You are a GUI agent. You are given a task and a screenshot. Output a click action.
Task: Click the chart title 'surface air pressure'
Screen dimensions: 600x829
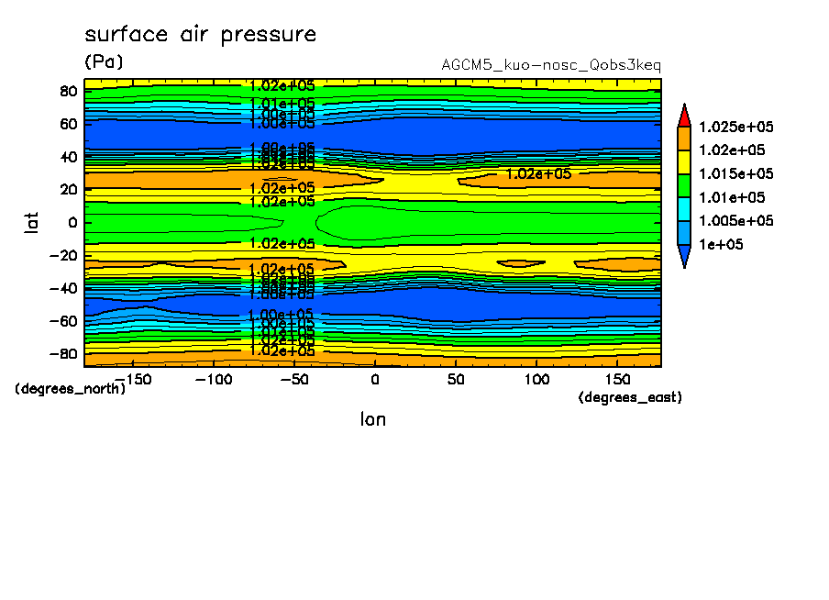pyautogui.click(x=200, y=35)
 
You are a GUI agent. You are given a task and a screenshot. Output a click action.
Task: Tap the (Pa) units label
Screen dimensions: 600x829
pyautogui.click(x=104, y=62)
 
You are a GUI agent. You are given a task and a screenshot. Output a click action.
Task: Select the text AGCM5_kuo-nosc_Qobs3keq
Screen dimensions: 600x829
pyautogui.click(x=550, y=65)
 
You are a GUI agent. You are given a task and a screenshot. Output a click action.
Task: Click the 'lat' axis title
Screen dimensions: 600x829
pyautogui.click(x=32, y=221)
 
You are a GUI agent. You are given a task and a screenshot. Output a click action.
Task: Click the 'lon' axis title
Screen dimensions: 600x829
pyautogui.click(x=372, y=419)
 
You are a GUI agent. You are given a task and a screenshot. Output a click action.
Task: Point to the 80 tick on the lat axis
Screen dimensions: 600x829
pyautogui.click(x=68, y=90)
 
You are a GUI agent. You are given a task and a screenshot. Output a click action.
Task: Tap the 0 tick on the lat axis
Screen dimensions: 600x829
pyautogui.click(x=72, y=222)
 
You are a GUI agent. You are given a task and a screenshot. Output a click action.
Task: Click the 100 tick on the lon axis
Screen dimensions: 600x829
pyautogui.click(x=536, y=379)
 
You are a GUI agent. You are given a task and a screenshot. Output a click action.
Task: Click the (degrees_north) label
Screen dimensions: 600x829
pyautogui.click(x=71, y=388)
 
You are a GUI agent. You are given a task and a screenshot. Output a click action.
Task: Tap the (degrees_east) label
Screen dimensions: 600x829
pyautogui.click(x=630, y=397)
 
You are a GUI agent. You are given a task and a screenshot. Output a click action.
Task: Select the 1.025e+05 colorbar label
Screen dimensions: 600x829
pyautogui.click(x=736, y=127)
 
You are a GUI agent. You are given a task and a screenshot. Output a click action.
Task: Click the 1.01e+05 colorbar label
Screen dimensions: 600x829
pyautogui.click(x=733, y=197)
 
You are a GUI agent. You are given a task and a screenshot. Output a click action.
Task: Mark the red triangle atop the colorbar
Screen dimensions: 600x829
pyautogui.click(x=683, y=114)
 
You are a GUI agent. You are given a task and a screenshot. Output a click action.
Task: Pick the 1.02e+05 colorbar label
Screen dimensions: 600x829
pyautogui.click(x=733, y=150)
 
